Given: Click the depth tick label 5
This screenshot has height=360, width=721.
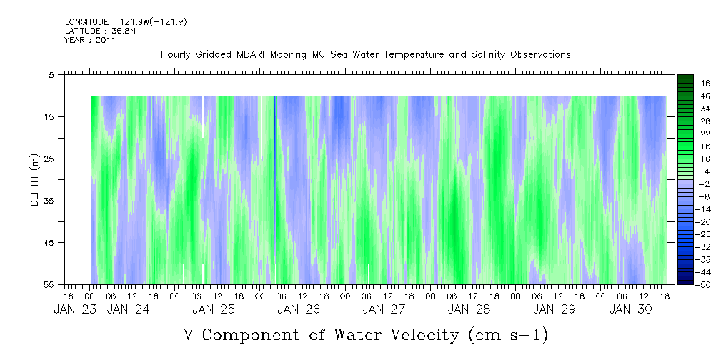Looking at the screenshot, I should (x=51, y=74).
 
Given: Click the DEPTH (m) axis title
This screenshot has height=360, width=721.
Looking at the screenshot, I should (x=34, y=182).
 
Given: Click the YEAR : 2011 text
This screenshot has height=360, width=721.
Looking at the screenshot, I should (x=90, y=40).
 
